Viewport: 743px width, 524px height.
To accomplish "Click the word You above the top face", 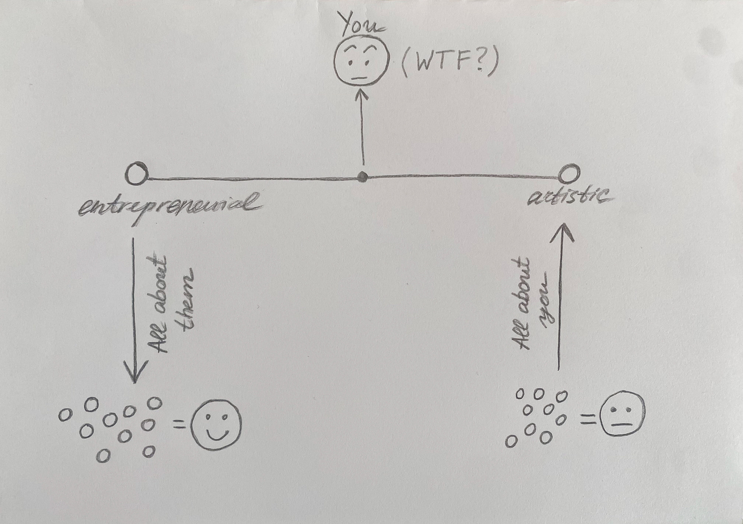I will click(x=363, y=26).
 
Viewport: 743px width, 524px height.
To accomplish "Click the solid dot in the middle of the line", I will click(x=362, y=177).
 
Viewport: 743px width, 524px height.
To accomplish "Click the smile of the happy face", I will click(x=216, y=434).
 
